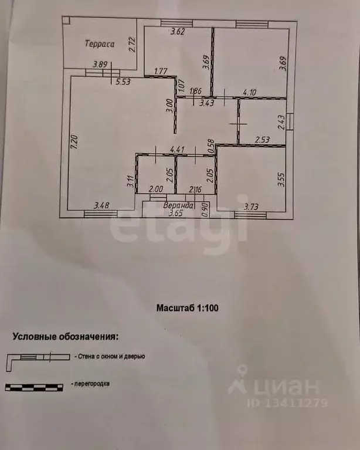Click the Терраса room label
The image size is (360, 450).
click(99, 43)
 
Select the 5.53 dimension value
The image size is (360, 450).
click(123, 82)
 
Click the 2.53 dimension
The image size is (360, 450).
click(261, 140)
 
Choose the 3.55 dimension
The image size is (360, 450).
click(281, 178)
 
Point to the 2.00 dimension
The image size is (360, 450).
click(155, 190)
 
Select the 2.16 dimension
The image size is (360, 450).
click(195, 190)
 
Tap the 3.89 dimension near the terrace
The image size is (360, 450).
click(100, 66)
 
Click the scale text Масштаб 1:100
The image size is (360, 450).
click(187, 307)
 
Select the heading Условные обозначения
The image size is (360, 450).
click(65, 337)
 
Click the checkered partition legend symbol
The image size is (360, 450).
click(33, 386)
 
